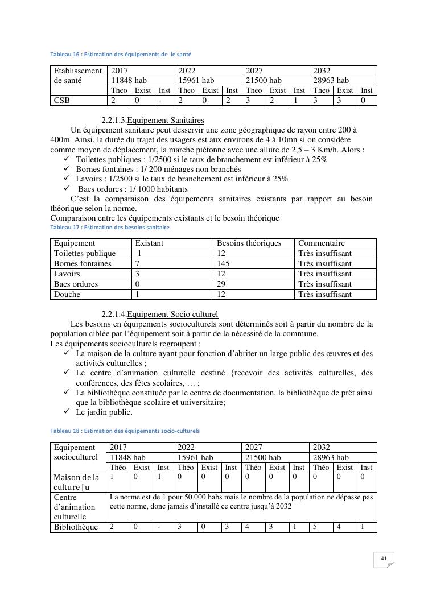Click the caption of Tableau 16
coord(121,54)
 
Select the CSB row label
coord(62,101)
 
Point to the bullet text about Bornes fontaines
coord(158,169)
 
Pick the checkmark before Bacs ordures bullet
coord(66,189)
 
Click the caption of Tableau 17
coord(110,227)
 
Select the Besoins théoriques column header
coord(249,243)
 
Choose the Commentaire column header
coord(322,243)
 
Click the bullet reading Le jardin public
coord(104,412)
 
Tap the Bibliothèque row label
coord(76,527)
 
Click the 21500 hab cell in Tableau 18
coord(263,457)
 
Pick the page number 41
coord(384,559)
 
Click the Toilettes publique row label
coord(85,254)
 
